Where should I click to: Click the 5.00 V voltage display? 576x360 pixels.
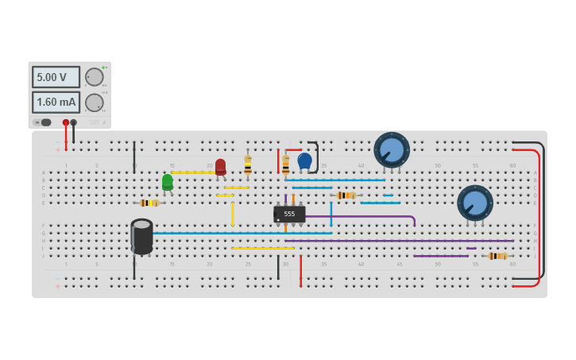point(56,77)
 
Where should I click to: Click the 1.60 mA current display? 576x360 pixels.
point(56,103)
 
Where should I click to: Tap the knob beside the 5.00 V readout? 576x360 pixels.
point(94,77)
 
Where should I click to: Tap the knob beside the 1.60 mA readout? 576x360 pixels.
point(94,103)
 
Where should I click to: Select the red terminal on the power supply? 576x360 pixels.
point(66,122)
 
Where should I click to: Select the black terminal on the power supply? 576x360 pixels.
point(74,122)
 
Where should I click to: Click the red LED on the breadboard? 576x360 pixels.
point(220,166)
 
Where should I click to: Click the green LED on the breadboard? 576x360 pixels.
point(168,182)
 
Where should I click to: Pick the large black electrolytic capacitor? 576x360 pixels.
point(142,236)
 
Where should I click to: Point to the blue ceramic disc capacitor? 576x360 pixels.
point(304,161)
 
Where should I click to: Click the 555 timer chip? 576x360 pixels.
point(289,214)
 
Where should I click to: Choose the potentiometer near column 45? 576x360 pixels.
point(392,149)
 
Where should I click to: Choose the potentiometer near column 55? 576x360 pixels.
point(475,203)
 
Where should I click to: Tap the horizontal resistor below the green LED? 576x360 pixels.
point(149,203)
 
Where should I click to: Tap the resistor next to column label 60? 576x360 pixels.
point(497,256)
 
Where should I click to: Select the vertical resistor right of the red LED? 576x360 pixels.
point(248,165)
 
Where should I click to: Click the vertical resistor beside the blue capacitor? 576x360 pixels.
point(286,165)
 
